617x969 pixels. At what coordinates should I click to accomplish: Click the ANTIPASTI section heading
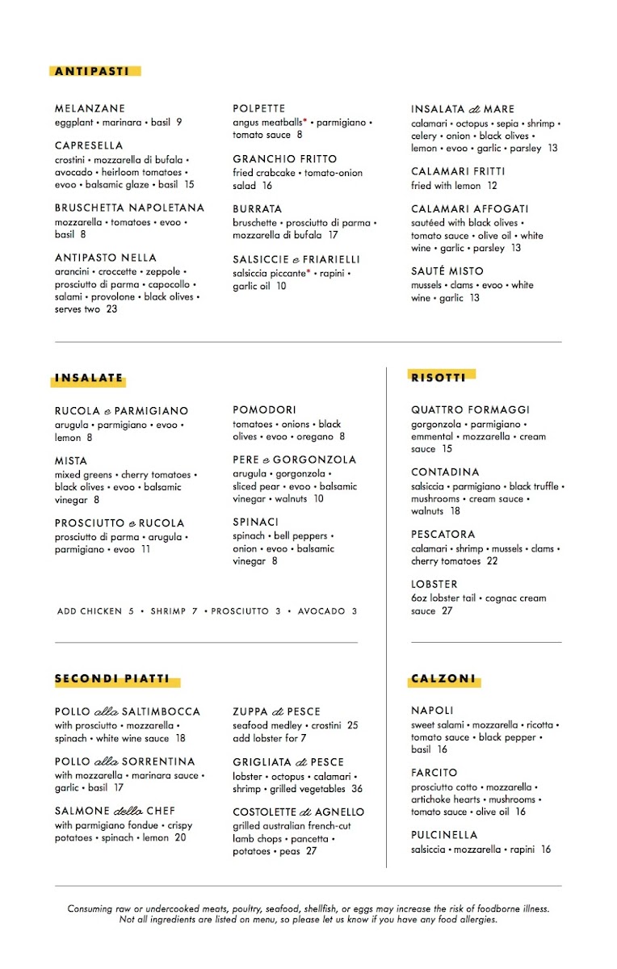(x=92, y=71)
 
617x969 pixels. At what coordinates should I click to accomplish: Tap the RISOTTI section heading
(x=439, y=376)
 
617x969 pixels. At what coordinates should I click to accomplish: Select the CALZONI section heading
(x=443, y=679)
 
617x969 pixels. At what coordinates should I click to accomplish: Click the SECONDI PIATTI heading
(x=112, y=679)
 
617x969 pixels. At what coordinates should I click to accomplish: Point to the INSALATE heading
(x=90, y=377)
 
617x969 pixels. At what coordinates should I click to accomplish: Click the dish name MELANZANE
(x=90, y=108)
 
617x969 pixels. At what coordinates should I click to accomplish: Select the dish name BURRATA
(x=258, y=208)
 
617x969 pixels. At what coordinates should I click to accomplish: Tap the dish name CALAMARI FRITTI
(x=458, y=171)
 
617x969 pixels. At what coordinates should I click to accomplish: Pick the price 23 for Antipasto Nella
(x=111, y=308)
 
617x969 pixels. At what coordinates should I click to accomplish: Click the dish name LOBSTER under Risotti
(x=434, y=584)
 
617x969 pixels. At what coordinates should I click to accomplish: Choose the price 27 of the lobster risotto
(x=447, y=611)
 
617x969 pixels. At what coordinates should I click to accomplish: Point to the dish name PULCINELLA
(x=444, y=834)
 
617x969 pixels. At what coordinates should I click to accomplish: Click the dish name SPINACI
(x=255, y=522)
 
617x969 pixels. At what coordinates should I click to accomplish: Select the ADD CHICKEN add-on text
(x=90, y=611)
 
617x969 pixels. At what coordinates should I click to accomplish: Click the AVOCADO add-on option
(x=321, y=611)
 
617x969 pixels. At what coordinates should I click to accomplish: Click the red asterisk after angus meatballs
(x=305, y=121)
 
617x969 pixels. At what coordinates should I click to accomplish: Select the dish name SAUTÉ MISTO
(x=447, y=271)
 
